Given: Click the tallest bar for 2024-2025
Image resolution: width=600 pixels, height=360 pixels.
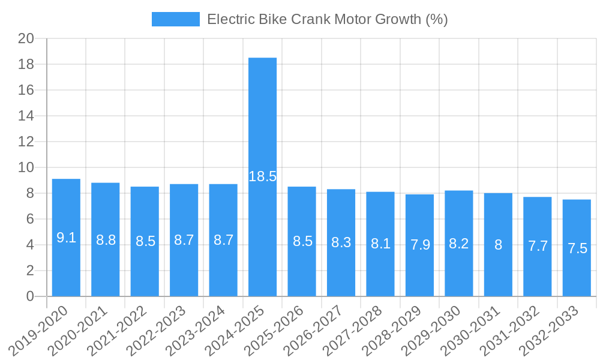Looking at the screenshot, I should coord(263,120).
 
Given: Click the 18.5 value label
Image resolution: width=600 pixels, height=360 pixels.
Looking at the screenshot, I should coord(263,176).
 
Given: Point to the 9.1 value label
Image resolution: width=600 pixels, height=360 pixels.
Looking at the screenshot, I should coord(66,238).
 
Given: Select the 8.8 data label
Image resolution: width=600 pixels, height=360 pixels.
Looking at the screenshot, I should coord(106,240).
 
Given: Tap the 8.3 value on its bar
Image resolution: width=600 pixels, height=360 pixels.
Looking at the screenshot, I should coord(341,243).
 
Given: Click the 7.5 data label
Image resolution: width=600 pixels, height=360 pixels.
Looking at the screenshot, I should coord(577,248).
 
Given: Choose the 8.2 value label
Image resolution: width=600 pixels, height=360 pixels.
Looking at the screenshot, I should coord(459,244).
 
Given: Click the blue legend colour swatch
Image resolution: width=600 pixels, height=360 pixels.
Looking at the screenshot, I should coord(175,19).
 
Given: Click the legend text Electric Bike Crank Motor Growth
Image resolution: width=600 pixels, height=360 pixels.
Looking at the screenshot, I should coord(327,19).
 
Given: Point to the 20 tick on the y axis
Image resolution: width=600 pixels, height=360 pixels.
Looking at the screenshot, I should coord(26,38).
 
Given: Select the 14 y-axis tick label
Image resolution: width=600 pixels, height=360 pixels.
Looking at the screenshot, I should coord(26,116).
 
